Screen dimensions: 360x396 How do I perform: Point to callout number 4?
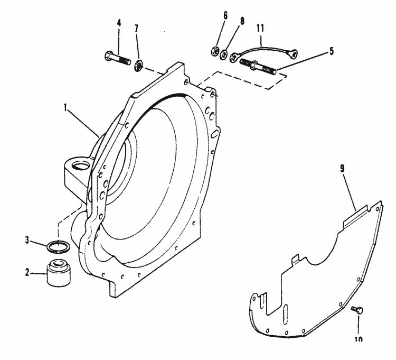[118, 23]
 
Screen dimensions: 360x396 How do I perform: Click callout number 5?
[331, 51]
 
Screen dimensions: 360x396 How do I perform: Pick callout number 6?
[225, 16]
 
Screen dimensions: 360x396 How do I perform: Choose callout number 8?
[242, 21]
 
